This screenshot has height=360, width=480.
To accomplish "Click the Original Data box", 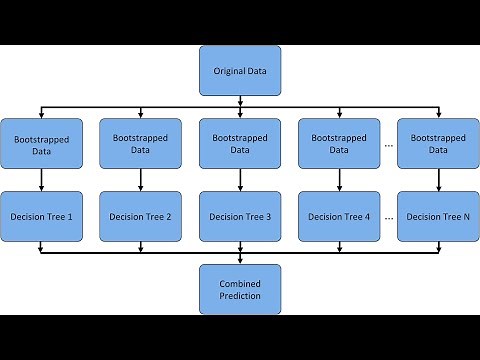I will click(240, 71).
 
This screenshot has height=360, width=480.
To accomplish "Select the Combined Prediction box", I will click(240, 290).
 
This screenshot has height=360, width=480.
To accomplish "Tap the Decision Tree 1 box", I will click(41, 216).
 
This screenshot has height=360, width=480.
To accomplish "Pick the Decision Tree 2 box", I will click(140, 216).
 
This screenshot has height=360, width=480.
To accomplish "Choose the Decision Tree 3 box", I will click(240, 216).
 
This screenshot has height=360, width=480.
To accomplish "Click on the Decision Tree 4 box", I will click(339, 216).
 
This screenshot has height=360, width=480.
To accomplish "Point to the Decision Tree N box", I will click(438, 216).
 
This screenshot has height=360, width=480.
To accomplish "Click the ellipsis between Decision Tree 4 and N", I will click(389, 217).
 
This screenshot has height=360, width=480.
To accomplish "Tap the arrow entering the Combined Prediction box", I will click(240, 258).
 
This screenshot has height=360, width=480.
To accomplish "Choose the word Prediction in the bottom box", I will click(240, 297).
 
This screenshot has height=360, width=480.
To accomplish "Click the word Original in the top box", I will click(228, 71).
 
